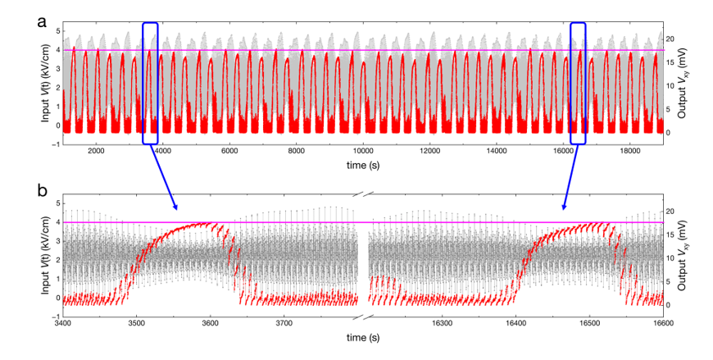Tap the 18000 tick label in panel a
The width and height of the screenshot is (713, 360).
coord(629,152)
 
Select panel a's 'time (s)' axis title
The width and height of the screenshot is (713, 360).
coord(362,164)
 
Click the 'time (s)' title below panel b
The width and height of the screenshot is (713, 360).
coord(362,337)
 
